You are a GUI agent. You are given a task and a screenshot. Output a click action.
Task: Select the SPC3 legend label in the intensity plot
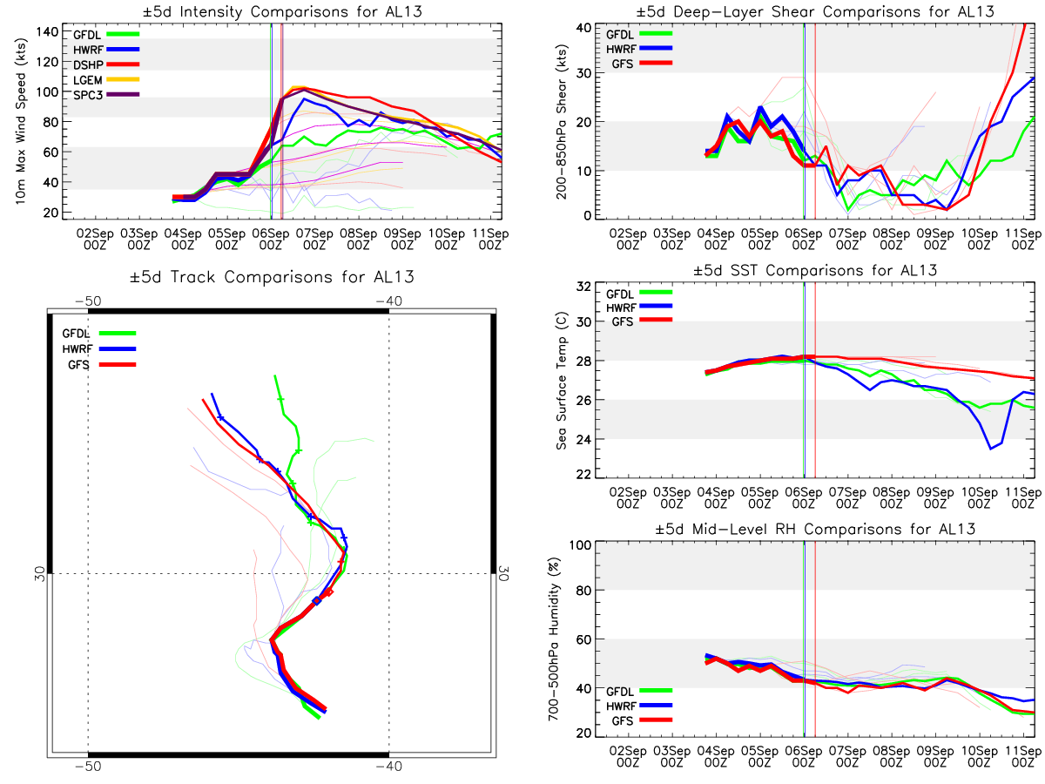(x=88, y=95)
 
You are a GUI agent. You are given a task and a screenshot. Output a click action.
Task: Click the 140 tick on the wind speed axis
(x=47, y=32)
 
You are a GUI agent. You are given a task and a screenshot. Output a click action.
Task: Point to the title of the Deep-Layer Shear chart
(x=815, y=11)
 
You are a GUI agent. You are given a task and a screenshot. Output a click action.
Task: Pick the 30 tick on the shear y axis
(x=583, y=73)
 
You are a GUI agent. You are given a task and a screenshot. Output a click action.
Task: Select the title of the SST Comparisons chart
(x=815, y=270)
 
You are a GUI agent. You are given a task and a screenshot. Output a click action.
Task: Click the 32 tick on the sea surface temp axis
(x=583, y=287)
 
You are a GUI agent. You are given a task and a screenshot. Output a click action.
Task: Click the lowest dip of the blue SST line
(x=991, y=449)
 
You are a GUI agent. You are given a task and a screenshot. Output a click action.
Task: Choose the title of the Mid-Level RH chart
(x=815, y=530)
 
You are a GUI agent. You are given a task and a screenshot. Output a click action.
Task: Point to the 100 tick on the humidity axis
(x=580, y=544)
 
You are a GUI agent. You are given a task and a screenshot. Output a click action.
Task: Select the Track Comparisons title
(x=272, y=277)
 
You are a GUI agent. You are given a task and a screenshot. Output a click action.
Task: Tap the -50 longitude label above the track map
(x=88, y=301)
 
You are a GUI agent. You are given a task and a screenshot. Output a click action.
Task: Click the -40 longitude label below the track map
(x=389, y=767)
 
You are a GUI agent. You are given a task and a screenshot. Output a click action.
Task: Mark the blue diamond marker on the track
(x=317, y=601)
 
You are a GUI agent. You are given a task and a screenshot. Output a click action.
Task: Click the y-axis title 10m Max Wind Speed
(x=21, y=121)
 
